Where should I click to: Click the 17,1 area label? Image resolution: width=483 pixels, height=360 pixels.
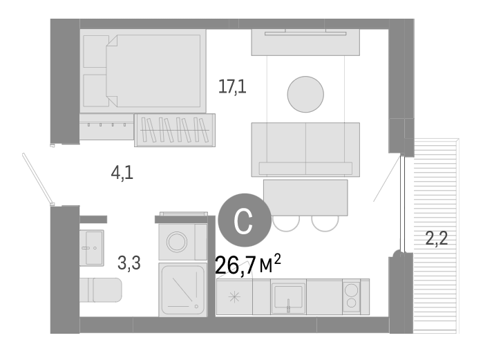(x=232, y=87)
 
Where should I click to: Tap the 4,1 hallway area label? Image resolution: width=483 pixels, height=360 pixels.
(x=122, y=173)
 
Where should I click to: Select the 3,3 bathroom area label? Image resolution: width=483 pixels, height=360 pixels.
(x=129, y=263)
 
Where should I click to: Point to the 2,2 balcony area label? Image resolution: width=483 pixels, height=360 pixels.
(x=436, y=240)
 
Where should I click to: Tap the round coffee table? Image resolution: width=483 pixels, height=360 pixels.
(x=305, y=94)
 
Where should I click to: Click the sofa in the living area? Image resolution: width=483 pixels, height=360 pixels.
(x=305, y=149)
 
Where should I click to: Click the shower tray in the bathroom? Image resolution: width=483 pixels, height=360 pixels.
(x=182, y=289)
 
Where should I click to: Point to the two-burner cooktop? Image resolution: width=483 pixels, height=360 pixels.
(x=351, y=296)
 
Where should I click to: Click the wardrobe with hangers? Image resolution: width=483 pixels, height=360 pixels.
(x=174, y=130)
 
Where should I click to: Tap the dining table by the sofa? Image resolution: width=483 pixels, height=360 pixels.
(x=305, y=197)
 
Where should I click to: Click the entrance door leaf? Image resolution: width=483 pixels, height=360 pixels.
(x=38, y=179)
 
